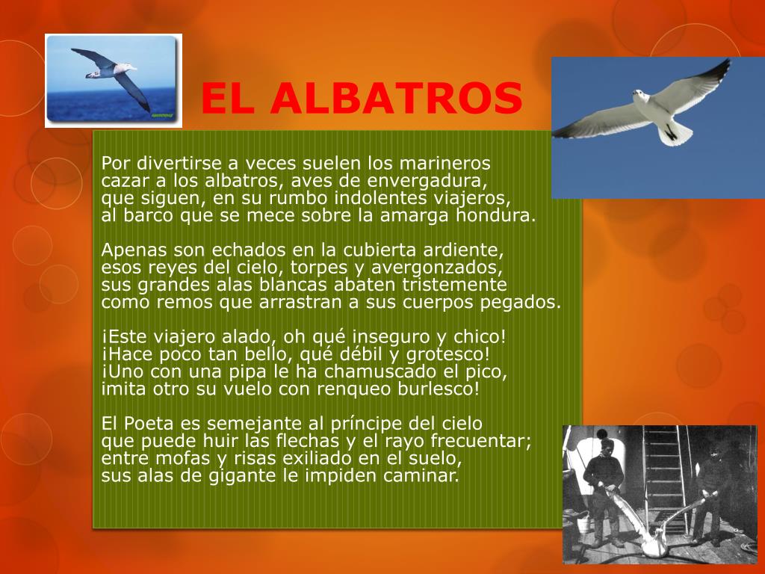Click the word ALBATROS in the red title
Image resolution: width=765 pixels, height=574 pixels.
point(396,99)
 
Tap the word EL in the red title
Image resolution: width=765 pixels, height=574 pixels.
point(228,99)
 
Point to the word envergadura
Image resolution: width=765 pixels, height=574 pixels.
point(427,181)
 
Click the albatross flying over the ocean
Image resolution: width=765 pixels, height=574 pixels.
point(114,75)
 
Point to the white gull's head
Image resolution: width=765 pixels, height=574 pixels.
point(639,95)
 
